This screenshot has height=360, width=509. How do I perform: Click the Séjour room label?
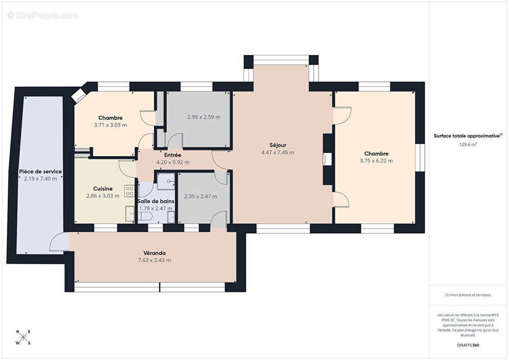[x=278, y=145]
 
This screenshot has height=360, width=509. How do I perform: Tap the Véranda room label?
[x=154, y=253]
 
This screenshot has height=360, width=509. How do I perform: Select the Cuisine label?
[x=103, y=189]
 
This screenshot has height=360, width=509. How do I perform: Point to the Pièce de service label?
[x=40, y=171]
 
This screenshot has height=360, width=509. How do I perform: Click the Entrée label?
[x=173, y=155]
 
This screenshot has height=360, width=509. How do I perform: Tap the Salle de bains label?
[x=156, y=201]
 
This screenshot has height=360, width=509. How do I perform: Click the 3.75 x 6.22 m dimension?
[x=376, y=161]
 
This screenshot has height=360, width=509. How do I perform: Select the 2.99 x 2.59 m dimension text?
[x=204, y=117]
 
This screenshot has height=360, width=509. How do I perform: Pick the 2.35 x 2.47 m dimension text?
[x=201, y=196]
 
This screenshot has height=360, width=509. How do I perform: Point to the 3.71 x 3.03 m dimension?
[x=110, y=125]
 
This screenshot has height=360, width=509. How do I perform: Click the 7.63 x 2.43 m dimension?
[x=154, y=260]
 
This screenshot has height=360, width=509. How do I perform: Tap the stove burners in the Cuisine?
[x=130, y=190]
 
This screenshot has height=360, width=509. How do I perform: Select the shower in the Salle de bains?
[x=166, y=181]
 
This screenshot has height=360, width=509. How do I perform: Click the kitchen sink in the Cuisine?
[x=130, y=214]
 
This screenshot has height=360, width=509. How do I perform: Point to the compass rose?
[x=23, y=337]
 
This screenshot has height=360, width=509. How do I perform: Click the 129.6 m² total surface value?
[x=468, y=144]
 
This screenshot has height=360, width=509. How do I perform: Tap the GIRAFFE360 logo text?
[x=468, y=345]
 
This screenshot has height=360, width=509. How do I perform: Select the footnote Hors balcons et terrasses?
[x=468, y=295]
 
